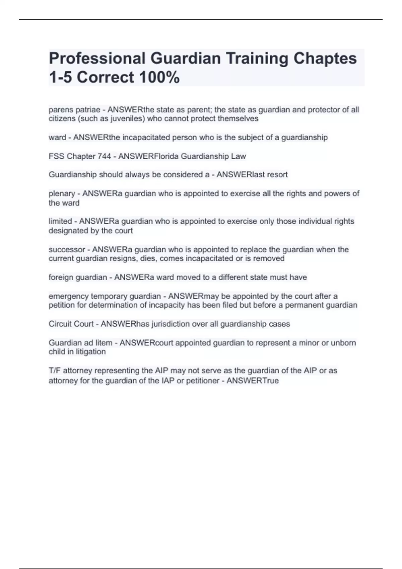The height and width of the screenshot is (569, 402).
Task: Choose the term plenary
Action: (x=62, y=194)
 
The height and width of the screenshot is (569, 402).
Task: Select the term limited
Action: (x=60, y=221)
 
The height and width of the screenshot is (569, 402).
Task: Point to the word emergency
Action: (x=69, y=297)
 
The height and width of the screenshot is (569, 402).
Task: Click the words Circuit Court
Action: (x=71, y=324)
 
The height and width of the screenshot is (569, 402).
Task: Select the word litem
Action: (x=104, y=343)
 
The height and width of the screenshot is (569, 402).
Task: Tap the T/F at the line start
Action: (x=55, y=371)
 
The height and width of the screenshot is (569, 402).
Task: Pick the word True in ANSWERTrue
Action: (x=271, y=381)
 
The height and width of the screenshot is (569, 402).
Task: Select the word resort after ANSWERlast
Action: (x=277, y=175)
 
